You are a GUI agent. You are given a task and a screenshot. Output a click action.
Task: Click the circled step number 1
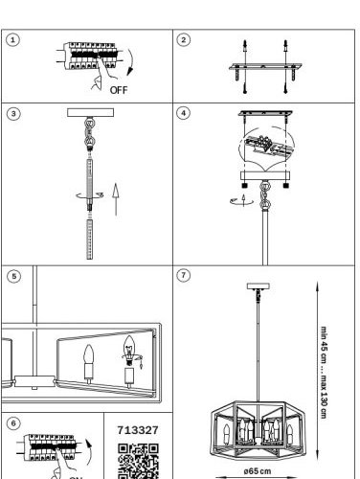12,40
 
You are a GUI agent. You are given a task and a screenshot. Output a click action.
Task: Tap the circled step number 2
183,40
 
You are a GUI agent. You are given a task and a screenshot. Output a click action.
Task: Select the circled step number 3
13,114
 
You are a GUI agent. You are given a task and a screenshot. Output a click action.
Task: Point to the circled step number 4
183,113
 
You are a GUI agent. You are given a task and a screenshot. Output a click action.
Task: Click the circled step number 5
13,276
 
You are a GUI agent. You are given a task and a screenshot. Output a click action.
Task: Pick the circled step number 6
13,423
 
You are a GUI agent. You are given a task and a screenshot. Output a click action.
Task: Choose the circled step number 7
183,275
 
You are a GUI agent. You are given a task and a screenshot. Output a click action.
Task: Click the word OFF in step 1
119,90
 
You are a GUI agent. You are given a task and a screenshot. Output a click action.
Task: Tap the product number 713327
138,430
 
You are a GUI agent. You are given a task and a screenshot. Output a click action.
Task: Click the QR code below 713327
138,461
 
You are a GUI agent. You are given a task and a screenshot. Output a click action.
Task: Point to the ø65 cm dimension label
258,471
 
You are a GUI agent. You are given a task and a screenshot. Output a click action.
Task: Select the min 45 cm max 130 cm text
324,372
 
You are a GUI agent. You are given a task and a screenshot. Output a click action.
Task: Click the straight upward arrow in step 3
116,199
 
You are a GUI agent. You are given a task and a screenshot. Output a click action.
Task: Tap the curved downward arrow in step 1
130,62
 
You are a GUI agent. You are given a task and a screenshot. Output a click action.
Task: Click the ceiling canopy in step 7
259,286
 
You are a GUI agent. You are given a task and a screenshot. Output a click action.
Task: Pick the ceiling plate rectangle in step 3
90,112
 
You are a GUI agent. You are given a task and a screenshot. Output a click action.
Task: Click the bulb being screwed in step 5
129,351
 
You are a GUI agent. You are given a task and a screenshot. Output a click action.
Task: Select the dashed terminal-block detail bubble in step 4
266,148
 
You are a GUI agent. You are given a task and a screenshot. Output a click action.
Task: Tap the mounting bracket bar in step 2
265,67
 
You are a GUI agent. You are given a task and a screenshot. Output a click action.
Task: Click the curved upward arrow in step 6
89,451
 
